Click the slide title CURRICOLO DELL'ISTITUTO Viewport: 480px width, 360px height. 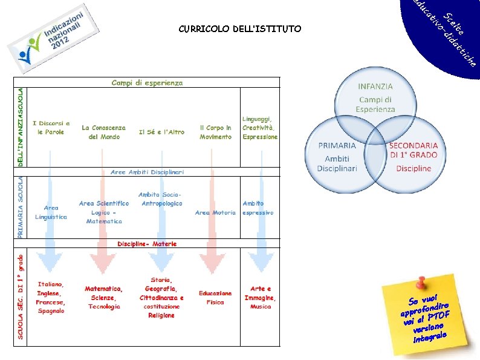tap(239, 28)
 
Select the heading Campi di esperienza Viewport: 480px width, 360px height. tap(147, 82)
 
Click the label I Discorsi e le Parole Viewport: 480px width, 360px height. tap(51, 128)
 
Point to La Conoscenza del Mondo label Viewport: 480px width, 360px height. tap(104, 132)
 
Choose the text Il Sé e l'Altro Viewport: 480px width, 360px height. tap(161, 132)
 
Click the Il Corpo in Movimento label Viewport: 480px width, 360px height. tap(216, 132)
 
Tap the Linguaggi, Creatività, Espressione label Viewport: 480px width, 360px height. tap(260, 128)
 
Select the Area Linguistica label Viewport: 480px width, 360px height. tap(51, 212)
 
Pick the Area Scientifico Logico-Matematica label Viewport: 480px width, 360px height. tap(104, 212)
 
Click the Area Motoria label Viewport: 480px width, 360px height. tap(215, 212)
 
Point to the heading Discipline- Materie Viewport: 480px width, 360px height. tap(147, 244)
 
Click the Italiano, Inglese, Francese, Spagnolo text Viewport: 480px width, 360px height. tap(51, 297)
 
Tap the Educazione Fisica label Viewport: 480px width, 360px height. tap(215, 297)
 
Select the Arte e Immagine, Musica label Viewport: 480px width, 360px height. tap(261, 297)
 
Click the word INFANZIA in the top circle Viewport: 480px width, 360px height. tap(375, 87)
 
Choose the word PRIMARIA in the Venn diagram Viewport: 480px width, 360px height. tap(337, 146)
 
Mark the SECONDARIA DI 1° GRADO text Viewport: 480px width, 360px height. tap(414, 149)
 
